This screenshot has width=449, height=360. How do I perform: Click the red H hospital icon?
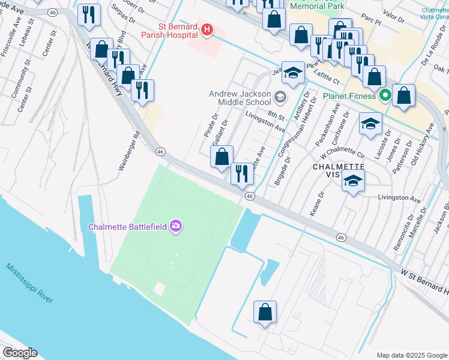tap(207, 29)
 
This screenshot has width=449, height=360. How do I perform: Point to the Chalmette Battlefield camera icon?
tap(176, 226)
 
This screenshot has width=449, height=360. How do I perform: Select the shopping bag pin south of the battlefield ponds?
tap(265, 313)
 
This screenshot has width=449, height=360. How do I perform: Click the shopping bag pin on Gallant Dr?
tap(221, 157)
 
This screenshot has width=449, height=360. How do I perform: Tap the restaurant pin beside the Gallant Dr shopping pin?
tap(242, 173)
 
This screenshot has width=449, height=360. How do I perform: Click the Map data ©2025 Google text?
tap(411, 355)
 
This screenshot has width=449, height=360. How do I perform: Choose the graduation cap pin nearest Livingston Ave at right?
tap(353, 181)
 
